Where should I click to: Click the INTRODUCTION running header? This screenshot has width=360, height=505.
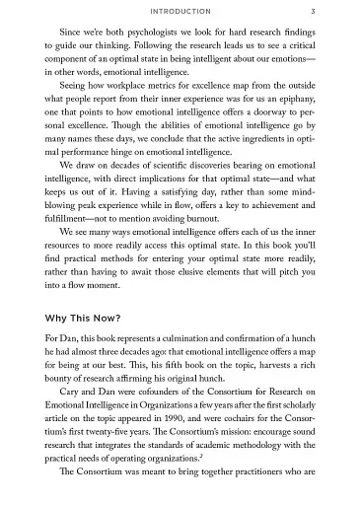180,12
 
